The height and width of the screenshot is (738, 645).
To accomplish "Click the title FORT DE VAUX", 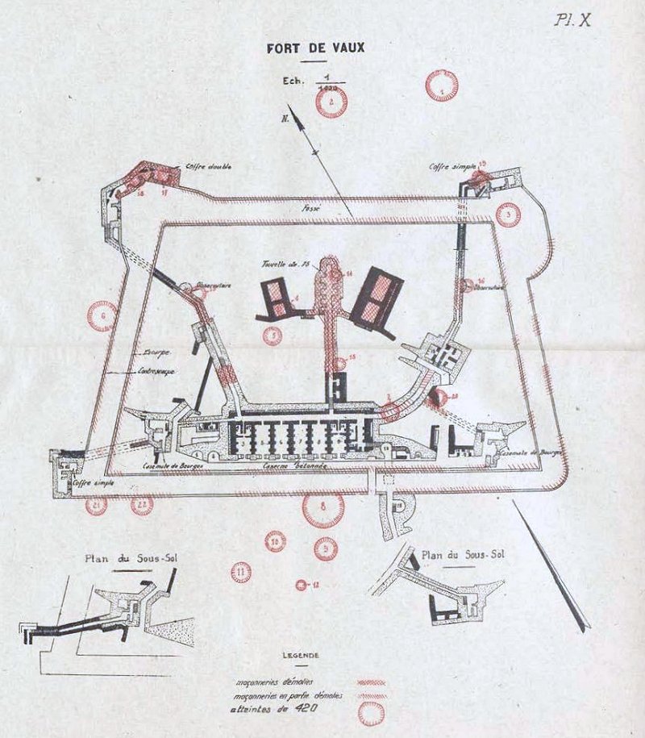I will (x=316, y=48).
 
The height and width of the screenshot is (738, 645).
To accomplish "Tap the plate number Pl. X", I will (x=572, y=20).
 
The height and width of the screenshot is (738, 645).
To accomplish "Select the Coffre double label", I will (x=208, y=167).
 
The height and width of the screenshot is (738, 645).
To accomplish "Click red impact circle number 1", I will (x=441, y=85).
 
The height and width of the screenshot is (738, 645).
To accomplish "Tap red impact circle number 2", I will (x=331, y=102).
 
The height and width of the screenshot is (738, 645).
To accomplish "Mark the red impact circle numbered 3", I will (x=508, y=215).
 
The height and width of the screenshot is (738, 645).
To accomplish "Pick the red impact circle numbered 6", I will (x=102, y=316).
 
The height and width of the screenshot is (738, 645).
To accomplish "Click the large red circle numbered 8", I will (x=323, y=509).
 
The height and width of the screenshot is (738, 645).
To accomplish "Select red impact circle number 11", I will (x=240, y=573).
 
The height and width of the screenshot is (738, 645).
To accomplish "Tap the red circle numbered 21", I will (x=96, y=506).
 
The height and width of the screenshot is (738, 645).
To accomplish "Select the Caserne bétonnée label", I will (x=292, y=467).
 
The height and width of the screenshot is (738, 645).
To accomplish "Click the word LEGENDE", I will (x=301, y=655).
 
